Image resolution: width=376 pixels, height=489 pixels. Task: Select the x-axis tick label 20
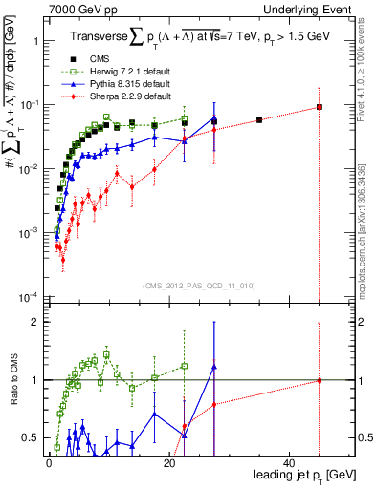[169, 462]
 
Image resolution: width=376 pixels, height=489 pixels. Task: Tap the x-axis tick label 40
[290, 462]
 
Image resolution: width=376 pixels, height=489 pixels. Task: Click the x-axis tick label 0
[49, 462]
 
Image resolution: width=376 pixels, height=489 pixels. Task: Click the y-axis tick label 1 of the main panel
[34, 41]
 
